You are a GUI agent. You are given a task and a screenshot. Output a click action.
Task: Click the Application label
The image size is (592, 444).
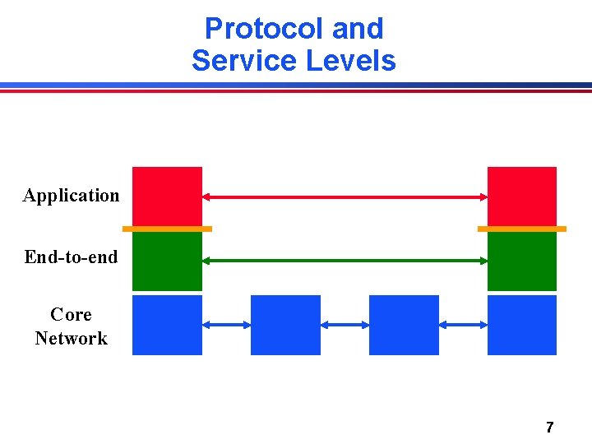[x=72, y=196]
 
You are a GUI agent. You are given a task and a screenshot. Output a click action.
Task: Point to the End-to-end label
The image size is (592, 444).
[x=72, y=257]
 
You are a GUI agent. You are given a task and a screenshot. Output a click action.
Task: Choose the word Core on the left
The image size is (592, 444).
[x=71, y=315]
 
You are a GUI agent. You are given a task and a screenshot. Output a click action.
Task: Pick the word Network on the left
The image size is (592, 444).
[x=72, y=338]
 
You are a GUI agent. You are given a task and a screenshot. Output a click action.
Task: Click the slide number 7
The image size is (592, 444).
[x=550, y=427]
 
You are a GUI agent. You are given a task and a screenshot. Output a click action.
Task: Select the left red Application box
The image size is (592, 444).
[x=167, y=196]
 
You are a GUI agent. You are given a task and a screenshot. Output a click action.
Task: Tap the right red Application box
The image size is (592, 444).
[x=522, y=196]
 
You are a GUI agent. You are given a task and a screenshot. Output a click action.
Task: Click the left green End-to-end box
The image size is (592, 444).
[x=167, y=261]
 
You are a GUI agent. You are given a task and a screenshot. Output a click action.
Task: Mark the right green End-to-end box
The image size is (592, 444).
[x=522, y=261]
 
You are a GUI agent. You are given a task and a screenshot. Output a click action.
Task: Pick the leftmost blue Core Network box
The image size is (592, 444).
[x=167, y=325]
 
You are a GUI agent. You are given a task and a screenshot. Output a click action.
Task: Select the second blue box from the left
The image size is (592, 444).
[x=285, y=325]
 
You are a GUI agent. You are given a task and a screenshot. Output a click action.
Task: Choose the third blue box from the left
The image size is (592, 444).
[x=404, y=325]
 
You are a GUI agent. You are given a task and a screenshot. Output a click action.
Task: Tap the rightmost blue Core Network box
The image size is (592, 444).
[x=522, y=325]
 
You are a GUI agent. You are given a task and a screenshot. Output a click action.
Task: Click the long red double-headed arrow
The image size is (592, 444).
[x=345, y=197]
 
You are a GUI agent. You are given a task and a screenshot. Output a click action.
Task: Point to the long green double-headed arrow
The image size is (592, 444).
[x=345, y=261]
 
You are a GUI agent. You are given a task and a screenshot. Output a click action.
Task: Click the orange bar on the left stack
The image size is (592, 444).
[x=167, y=229]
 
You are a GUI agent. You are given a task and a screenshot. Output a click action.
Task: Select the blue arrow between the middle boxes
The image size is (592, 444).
[x=345, y=326]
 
